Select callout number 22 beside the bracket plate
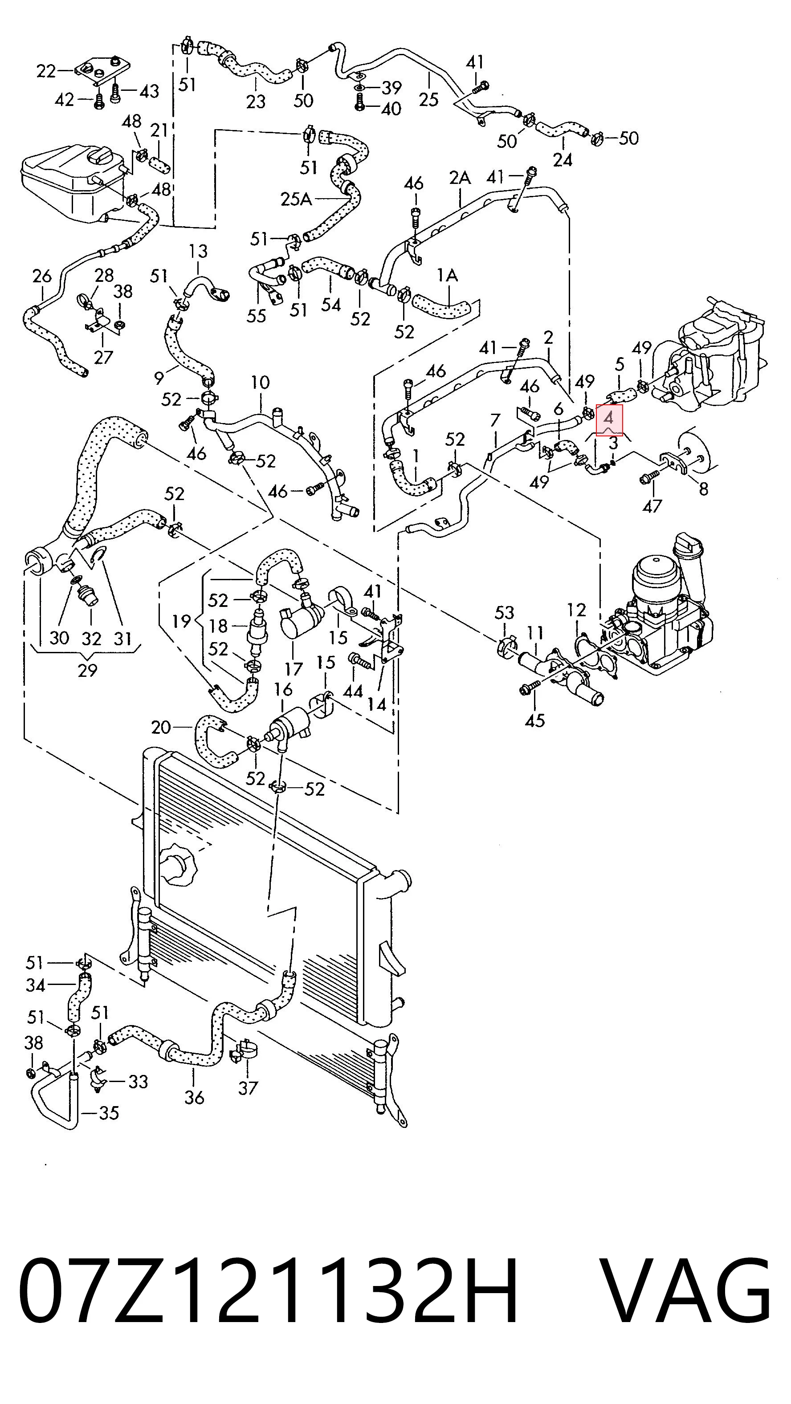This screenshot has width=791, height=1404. coord(46,71)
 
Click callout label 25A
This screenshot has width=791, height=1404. coord(297,199)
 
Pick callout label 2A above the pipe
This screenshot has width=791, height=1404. coord(460,178)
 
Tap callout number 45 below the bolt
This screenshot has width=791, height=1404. coord(535,720)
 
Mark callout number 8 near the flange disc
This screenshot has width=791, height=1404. coord(704,489)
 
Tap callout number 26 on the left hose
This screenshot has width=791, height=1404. coord(42,277)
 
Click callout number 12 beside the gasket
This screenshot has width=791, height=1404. coord(576,610)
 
